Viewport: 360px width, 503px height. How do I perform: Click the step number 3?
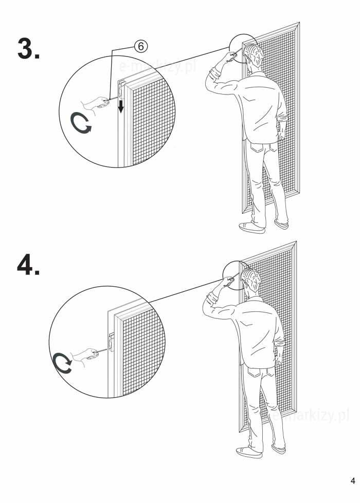click(x=28, y=48)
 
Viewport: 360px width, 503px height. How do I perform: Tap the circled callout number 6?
click(x=141, y=47)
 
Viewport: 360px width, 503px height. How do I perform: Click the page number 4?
click(x=353, y=481)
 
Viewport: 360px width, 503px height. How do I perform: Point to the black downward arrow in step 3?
click(x=121, y=106)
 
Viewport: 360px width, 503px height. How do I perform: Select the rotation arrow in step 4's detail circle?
click(x=63, y=363)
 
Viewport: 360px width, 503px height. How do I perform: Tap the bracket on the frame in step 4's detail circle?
click(x=111, y=342)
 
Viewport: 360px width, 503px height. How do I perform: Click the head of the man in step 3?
click(x=253, y=57)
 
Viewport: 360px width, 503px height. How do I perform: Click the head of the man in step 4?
click(x=250, y=281)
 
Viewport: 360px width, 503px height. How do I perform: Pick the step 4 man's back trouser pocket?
click(x=255, y=374)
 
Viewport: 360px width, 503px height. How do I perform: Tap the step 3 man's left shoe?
click(x=252, y=228)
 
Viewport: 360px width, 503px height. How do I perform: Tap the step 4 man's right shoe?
click(x=279, y=449)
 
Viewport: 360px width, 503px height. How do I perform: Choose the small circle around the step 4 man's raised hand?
click(x=237, y=275)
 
